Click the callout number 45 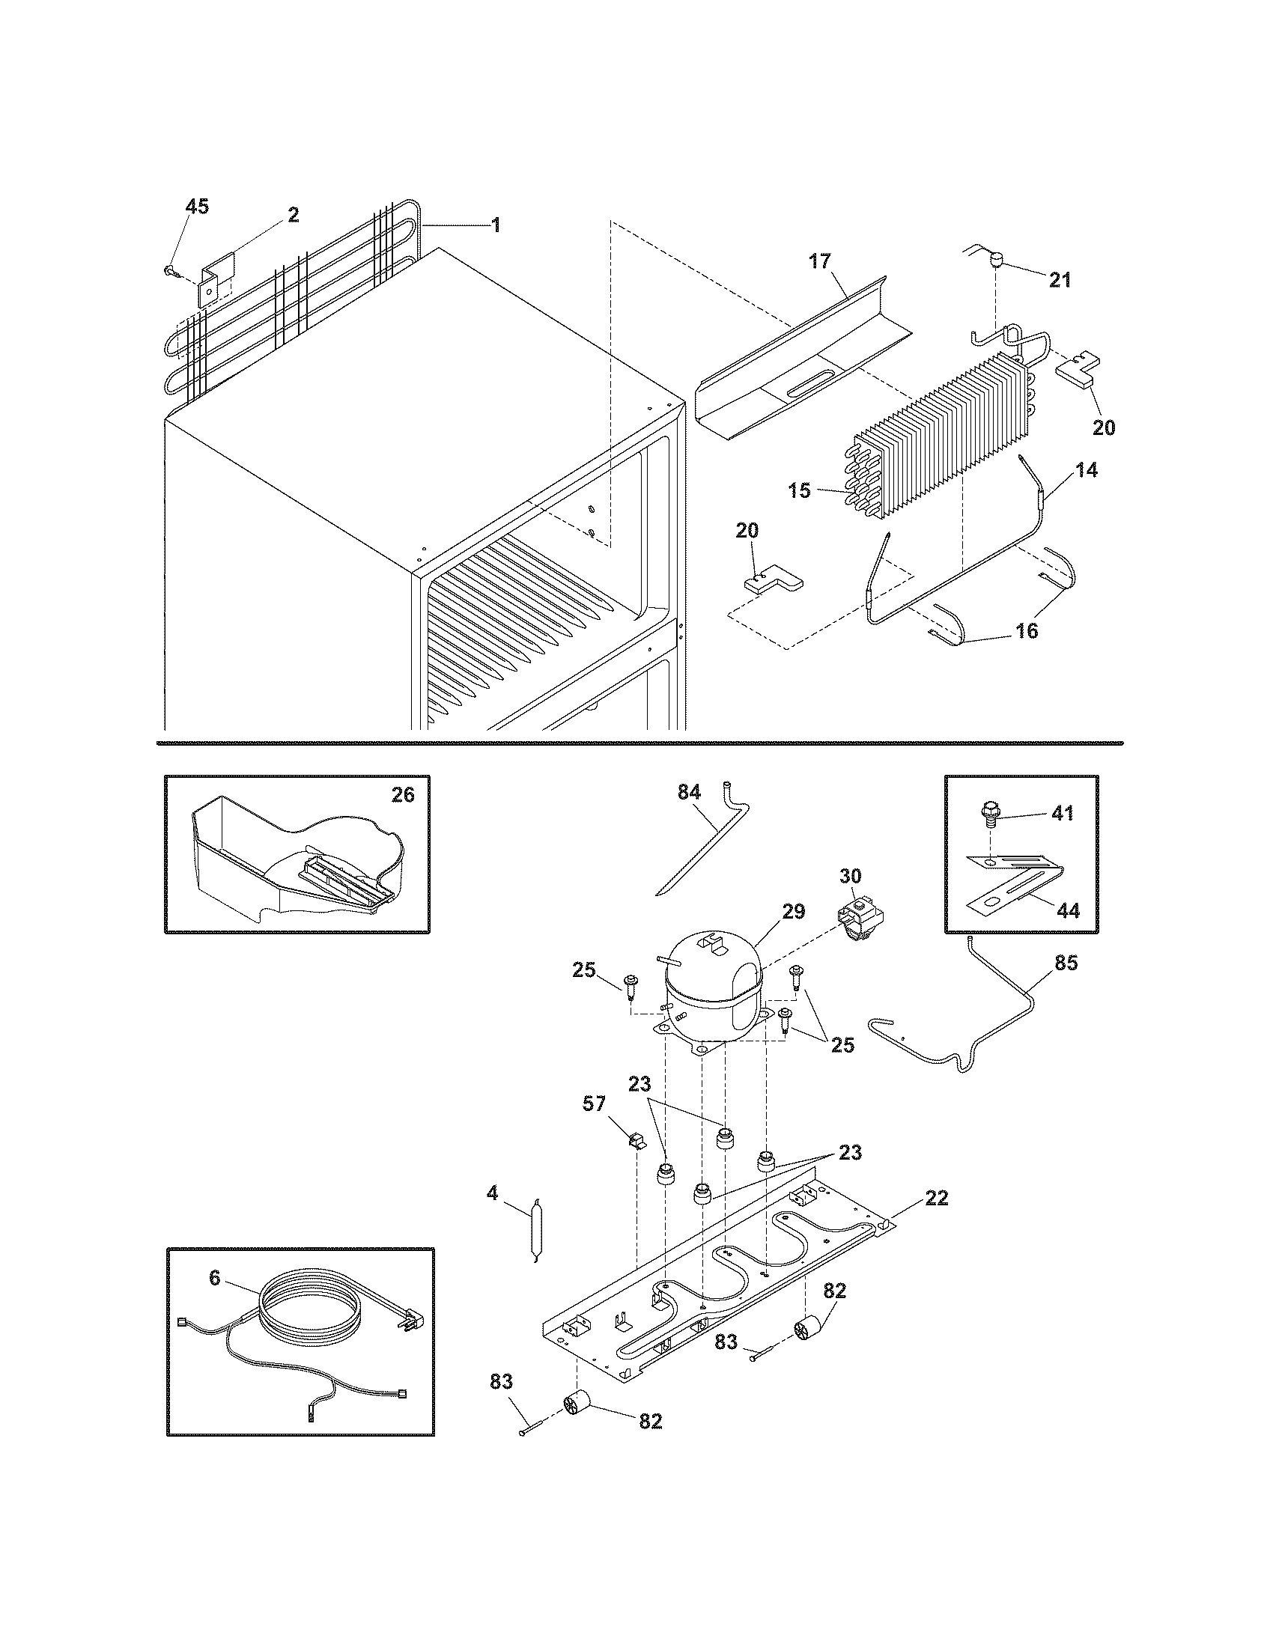click(197, 207)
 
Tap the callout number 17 click(820, 262)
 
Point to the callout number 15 click(800, 491)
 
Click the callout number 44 click(1068, 911)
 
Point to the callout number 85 click(1067, 963)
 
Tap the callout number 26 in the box click(403, 795)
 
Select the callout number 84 click(689, 792)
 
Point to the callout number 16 click(1027, 631)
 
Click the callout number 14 click(1087, 470)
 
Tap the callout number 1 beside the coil click(496, 225)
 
